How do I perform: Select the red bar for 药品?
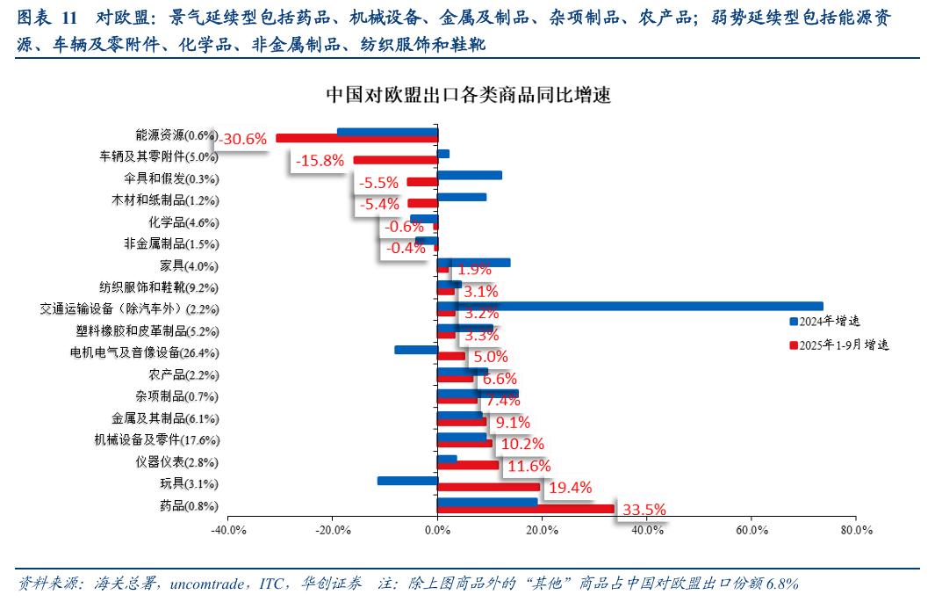point(525,509)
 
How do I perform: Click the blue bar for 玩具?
point(407,481)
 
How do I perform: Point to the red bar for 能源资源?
point(356,138)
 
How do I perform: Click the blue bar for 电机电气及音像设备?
point(416,350)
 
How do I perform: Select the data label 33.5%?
point(644,509)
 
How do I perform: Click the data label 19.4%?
point(570,487)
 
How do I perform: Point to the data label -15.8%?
point(319,160)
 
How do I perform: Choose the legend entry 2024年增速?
point(829,322)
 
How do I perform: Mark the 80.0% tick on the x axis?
point(856,531)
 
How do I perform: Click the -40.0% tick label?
point(227,531)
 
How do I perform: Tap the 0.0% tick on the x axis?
point(437,531)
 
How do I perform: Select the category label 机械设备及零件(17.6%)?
point(153,440)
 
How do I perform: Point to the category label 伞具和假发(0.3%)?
point(172,178)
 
